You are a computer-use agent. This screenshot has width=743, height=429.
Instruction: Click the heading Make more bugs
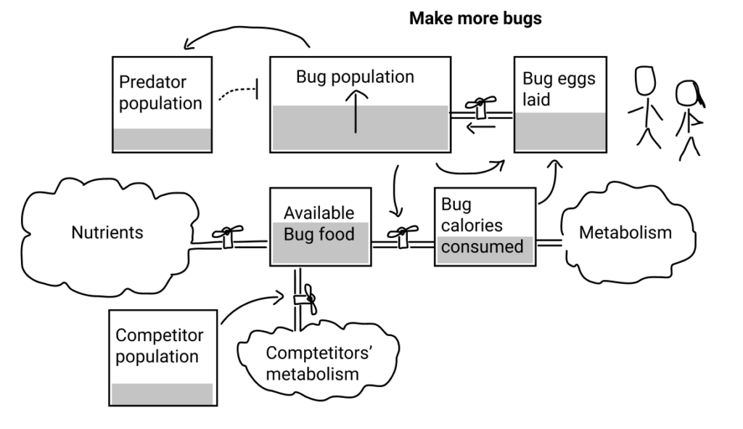click(x=475, y=19)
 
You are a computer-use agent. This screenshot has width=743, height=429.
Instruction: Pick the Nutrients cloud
click(x=107, y=233)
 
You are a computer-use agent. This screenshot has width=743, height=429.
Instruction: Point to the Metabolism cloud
click(x=625, y=233)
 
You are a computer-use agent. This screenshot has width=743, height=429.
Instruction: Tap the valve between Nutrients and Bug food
click(x=227, y=234)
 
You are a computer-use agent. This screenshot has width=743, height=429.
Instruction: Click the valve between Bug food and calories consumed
click(x=402, y=234)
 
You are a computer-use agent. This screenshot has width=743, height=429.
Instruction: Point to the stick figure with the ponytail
click(x=689, y=116)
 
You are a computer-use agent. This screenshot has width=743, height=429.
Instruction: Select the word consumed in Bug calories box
click(x=482, y=247)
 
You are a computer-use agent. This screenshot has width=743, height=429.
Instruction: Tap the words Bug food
click(x=320, y=234)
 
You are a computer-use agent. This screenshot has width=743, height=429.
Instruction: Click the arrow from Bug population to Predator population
click(x=247, y=33)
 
